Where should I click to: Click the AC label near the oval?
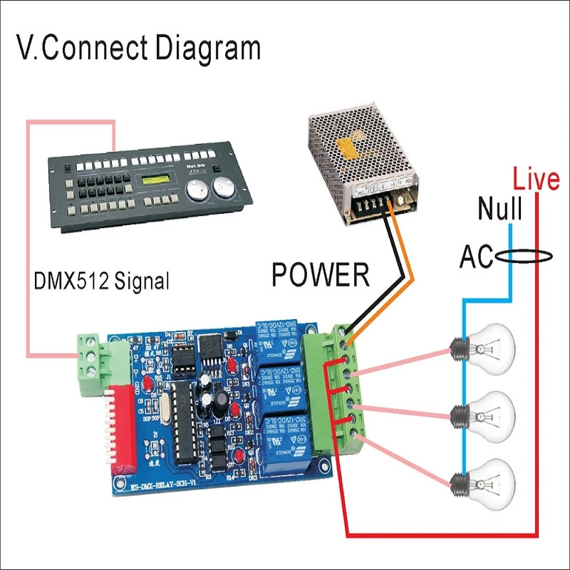pos(476,256)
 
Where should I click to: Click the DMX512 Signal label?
pos(102,280)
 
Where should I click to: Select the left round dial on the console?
pos(197,191)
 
